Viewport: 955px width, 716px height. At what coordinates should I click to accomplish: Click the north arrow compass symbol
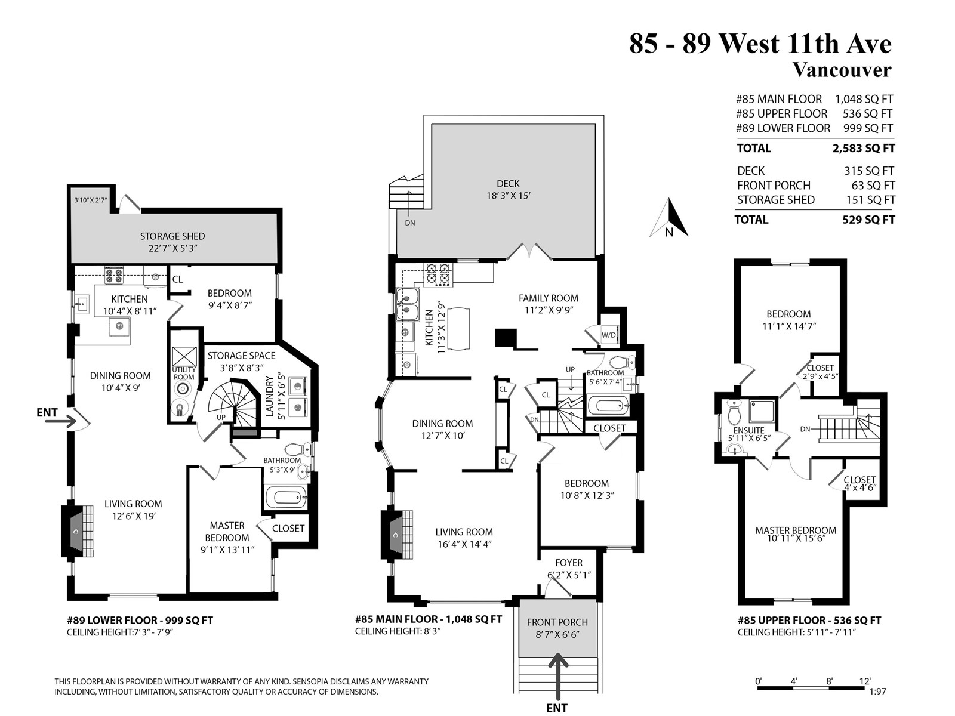668,218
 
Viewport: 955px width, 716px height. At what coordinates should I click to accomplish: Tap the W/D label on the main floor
608,335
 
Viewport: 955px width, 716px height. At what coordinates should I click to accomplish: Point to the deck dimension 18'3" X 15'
508,196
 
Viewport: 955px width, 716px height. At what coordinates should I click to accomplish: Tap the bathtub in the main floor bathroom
608,406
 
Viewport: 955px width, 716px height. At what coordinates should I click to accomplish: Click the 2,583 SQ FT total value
864,148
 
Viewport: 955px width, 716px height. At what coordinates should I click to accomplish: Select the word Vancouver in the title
842,70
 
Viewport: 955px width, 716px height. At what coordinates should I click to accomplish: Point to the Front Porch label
557,622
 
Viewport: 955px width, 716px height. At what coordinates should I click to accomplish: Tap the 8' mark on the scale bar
829,681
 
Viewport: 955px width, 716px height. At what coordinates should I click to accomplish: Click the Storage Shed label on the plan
172,236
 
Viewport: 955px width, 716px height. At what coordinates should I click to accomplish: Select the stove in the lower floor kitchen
113,276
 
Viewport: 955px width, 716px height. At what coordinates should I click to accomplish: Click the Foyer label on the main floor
569,563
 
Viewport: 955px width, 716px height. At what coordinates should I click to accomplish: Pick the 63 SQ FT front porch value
873,186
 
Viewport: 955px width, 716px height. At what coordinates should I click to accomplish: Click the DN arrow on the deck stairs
409,203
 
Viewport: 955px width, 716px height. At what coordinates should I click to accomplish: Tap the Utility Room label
184,373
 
